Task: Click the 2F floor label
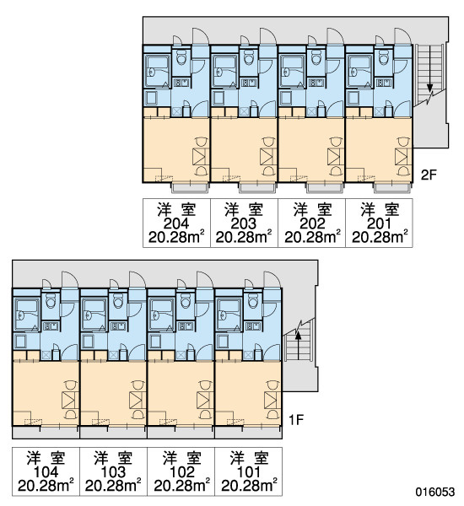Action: (429, 175)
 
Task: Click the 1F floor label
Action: (296, 420)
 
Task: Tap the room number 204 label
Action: (176, 223)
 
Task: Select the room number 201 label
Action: (379, 223)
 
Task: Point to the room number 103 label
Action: (113, 472)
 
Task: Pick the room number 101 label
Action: (248, 472)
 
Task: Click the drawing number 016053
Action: (434, 492)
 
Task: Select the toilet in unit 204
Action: (181, 59)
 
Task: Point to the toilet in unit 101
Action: (253, 302)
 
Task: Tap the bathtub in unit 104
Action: (27, 315)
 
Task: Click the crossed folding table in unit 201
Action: (403, 157)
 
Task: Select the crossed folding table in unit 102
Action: (205, 400)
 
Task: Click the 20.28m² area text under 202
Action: (312, 238)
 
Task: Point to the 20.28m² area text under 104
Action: (46, 486)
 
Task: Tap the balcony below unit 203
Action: (257, 187)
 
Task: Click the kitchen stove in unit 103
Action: (118, 326)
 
